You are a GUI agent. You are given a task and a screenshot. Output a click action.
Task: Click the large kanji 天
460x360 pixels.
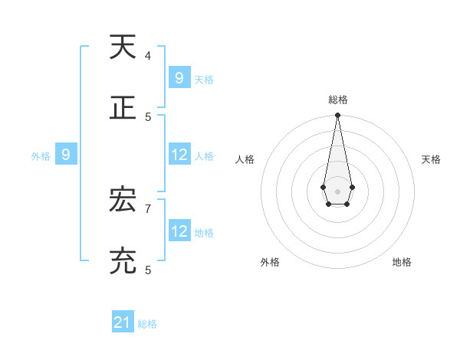[123, 47]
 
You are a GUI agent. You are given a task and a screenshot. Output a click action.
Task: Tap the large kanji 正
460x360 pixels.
[123, 108]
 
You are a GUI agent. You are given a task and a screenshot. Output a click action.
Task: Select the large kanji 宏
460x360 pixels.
[123, 201]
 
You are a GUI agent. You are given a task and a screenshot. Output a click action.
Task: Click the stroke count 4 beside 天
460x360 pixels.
[148, 55]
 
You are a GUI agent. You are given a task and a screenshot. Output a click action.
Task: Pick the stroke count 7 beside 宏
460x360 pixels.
[148, 208]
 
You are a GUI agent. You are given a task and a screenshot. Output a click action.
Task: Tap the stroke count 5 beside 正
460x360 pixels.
[148, 116]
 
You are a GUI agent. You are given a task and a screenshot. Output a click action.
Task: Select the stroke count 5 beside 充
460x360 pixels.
[148, 270]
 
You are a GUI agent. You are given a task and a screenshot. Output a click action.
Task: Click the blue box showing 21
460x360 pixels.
[123, 322]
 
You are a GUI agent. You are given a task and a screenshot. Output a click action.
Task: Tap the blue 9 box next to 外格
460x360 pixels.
[66, 155]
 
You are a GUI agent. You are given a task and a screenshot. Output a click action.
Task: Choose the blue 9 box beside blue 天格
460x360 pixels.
[179, 77]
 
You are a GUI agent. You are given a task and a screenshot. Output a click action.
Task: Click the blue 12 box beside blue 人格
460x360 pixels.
[179, 155]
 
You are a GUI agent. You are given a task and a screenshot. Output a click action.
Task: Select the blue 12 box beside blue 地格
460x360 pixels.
[179, 231]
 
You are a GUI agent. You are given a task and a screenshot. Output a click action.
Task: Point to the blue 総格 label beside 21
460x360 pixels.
[147, 324]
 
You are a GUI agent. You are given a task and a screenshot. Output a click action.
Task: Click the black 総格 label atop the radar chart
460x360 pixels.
[338, 100]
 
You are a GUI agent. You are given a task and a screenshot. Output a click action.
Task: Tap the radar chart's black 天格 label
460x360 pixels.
[431, 159]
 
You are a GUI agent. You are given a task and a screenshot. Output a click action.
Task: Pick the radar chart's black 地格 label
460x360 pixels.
[402, 262]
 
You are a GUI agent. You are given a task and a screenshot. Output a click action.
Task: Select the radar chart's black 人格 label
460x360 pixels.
[245, 159]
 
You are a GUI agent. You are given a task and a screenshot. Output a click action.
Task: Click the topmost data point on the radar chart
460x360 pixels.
[337, 115]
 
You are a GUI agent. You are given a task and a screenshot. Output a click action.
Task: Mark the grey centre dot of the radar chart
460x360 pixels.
[337, 191]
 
